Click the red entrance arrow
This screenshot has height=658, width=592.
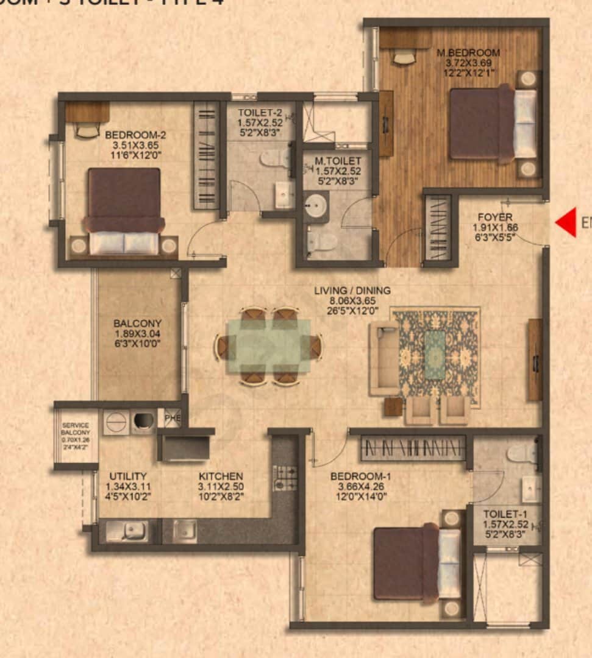coord(565,222)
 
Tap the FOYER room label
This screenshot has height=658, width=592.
coord(494,217)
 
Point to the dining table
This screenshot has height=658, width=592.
coord(269,346)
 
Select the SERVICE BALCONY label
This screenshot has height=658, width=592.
coord(76,429)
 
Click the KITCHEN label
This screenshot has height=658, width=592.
coord(221,476)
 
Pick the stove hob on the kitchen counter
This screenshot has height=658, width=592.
coord(284,479)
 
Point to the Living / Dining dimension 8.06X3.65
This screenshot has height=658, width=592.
coord(352,300)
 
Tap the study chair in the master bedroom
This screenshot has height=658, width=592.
coord(404,57)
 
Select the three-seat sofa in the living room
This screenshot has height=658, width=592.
coord(384,356)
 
